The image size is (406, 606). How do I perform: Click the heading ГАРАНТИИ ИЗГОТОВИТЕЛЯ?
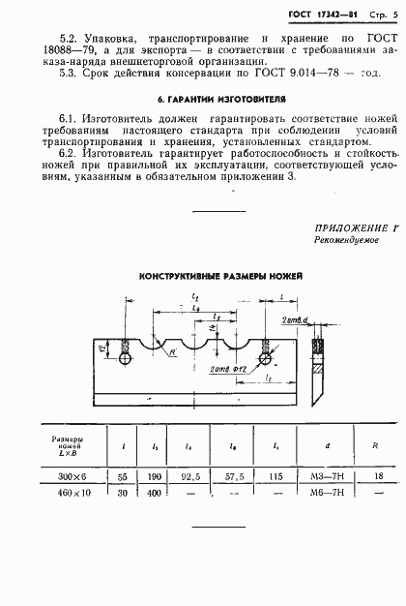pos(203,101)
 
